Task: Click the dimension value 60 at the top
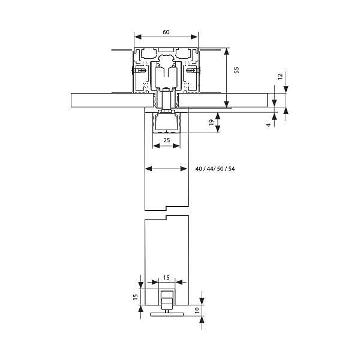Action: (166, 32)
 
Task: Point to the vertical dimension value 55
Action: (236, 70)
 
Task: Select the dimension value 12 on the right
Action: (280, 77)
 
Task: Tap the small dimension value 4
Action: (268, 125)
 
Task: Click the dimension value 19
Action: (211, 122)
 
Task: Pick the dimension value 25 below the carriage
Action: (167, 140)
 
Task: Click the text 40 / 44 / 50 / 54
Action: (215, 169)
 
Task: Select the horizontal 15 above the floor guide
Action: (166, 278)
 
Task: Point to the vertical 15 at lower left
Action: (136, 296)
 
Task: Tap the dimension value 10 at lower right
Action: (197, 310)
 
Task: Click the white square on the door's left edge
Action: (144, 214)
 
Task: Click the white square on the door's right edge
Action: (189, 211)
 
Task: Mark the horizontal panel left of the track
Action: (111, 100)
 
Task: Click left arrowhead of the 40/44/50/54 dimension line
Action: (148, 169)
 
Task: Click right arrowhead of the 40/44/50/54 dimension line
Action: (186, 169)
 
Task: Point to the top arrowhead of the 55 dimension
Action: (226, 51)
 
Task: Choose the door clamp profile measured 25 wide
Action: (167, 123)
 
